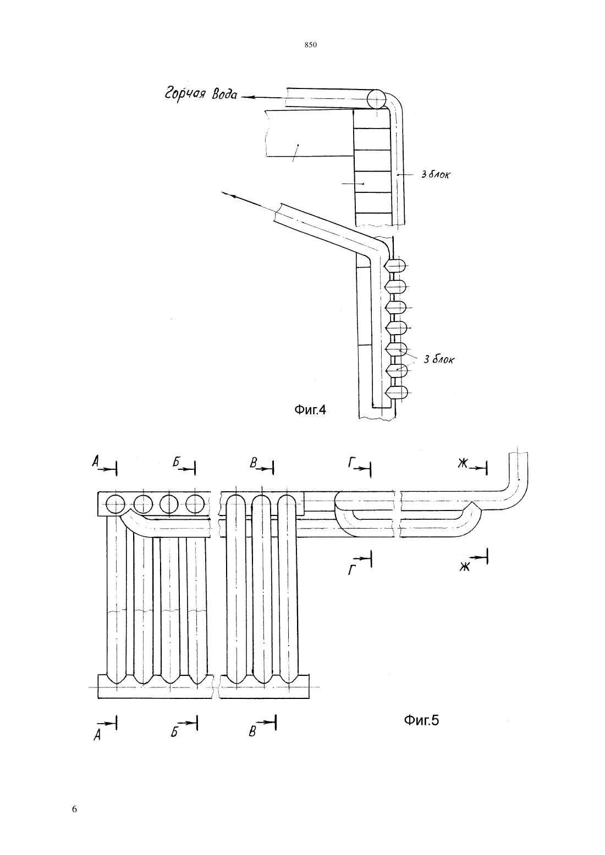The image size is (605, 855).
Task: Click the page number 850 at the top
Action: point(311,45)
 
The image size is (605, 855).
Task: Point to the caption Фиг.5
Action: point(421,720)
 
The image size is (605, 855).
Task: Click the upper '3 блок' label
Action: point(436,174)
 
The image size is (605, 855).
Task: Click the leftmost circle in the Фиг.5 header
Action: point(116,504)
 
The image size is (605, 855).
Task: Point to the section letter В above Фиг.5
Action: point(253,463)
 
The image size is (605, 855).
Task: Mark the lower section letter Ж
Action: point(464,567)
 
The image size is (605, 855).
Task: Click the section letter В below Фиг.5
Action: point(252,732)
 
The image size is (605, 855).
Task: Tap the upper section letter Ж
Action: point(463,463)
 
